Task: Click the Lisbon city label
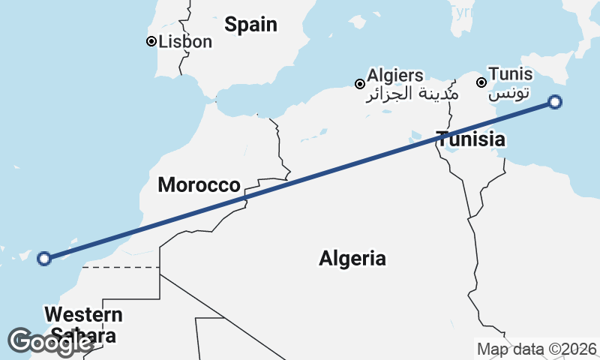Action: [186, 42]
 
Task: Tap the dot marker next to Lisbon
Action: [151, 42]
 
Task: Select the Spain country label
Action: [251, 25]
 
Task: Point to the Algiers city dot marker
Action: [361, 83]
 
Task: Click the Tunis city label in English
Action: [510, 74]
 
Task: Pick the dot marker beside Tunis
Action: [481, 81]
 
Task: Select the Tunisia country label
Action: [471, 139]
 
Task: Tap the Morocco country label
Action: [199, 184]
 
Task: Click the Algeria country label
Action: [352, 259]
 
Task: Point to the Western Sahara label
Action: [82, 324]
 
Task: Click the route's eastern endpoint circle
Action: [555, 102]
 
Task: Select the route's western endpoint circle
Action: [44, 259]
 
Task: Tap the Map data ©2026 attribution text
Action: [536, 349]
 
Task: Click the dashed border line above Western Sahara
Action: [120, 266]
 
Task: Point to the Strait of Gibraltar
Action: [206, 98]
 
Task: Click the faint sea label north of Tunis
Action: [460, 11]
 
